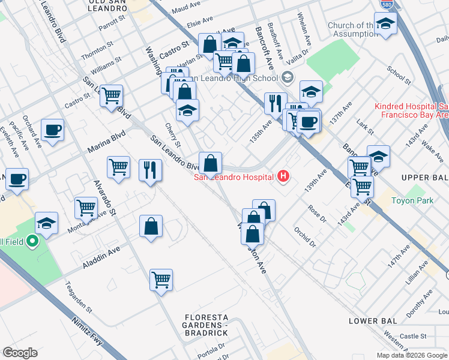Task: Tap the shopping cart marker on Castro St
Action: pyautogui.click(x=111, y=95)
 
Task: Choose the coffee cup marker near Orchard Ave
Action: pyautogui.click(x=52, y=130)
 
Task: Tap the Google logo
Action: pyautogui.click(x=20, y=353)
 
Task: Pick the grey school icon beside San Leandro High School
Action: pyautogui.click(x=287, y=78)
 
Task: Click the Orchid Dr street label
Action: pyautogui.click(x=305, y=237)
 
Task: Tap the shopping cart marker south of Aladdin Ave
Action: pyautogui.click(x=161, y=279)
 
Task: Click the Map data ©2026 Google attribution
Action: pyautogui.click(x=412, y=355)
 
